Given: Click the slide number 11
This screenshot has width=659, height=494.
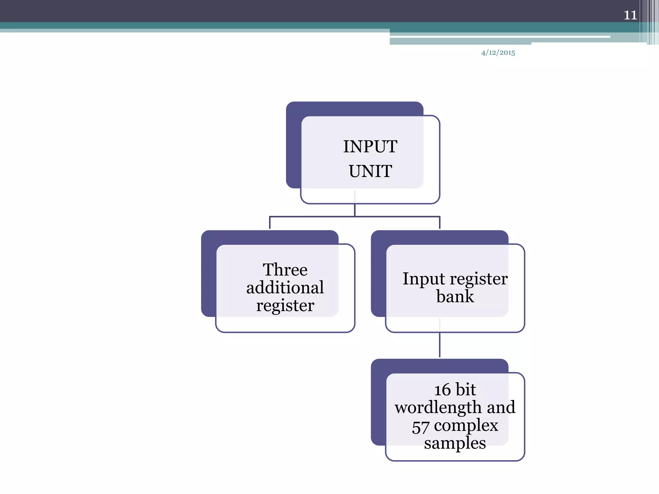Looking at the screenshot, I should [630, 15].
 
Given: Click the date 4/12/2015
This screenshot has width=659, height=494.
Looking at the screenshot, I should [498, 53].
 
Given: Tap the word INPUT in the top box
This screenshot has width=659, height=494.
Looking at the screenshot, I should [370, 147].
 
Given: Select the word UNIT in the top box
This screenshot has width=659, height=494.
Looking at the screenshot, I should [370, 171].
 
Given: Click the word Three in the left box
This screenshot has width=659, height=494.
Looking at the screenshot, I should [285, 270].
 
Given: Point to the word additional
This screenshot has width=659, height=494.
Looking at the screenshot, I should [285, 287].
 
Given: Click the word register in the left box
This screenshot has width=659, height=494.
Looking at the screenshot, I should [285, 305].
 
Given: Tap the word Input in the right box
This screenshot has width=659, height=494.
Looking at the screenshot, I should [423, 279].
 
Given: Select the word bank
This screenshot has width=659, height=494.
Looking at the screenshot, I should [455, 296].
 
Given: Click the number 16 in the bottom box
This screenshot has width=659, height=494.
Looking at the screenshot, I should [442, 390].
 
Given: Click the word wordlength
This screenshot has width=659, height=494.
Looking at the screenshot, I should [438, 407].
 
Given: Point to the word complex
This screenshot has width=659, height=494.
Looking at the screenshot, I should [466, 426].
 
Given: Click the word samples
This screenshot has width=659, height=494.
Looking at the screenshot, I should [455, 444].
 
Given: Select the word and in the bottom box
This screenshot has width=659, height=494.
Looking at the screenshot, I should [501, 407].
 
